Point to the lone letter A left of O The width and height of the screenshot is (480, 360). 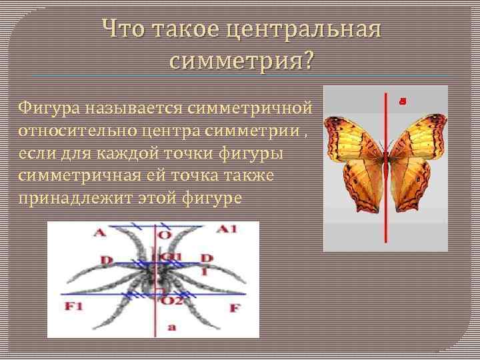click(x=100, y=232)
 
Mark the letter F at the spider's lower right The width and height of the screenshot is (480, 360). click(x=233, y=309)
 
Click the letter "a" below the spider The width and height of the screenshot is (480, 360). click(x=172, y=327)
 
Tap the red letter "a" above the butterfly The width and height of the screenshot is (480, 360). click(x=402, y=101)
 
